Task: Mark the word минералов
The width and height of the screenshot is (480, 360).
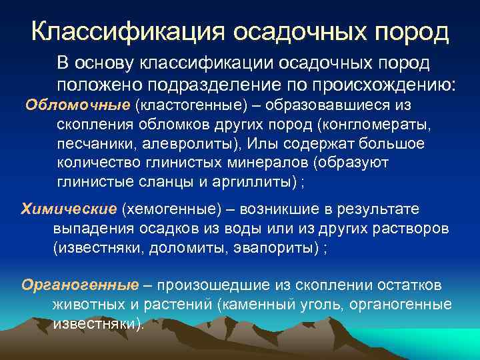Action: click(x=270, y=163)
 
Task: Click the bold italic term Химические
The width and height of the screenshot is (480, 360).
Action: click(x=69, y=209)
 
